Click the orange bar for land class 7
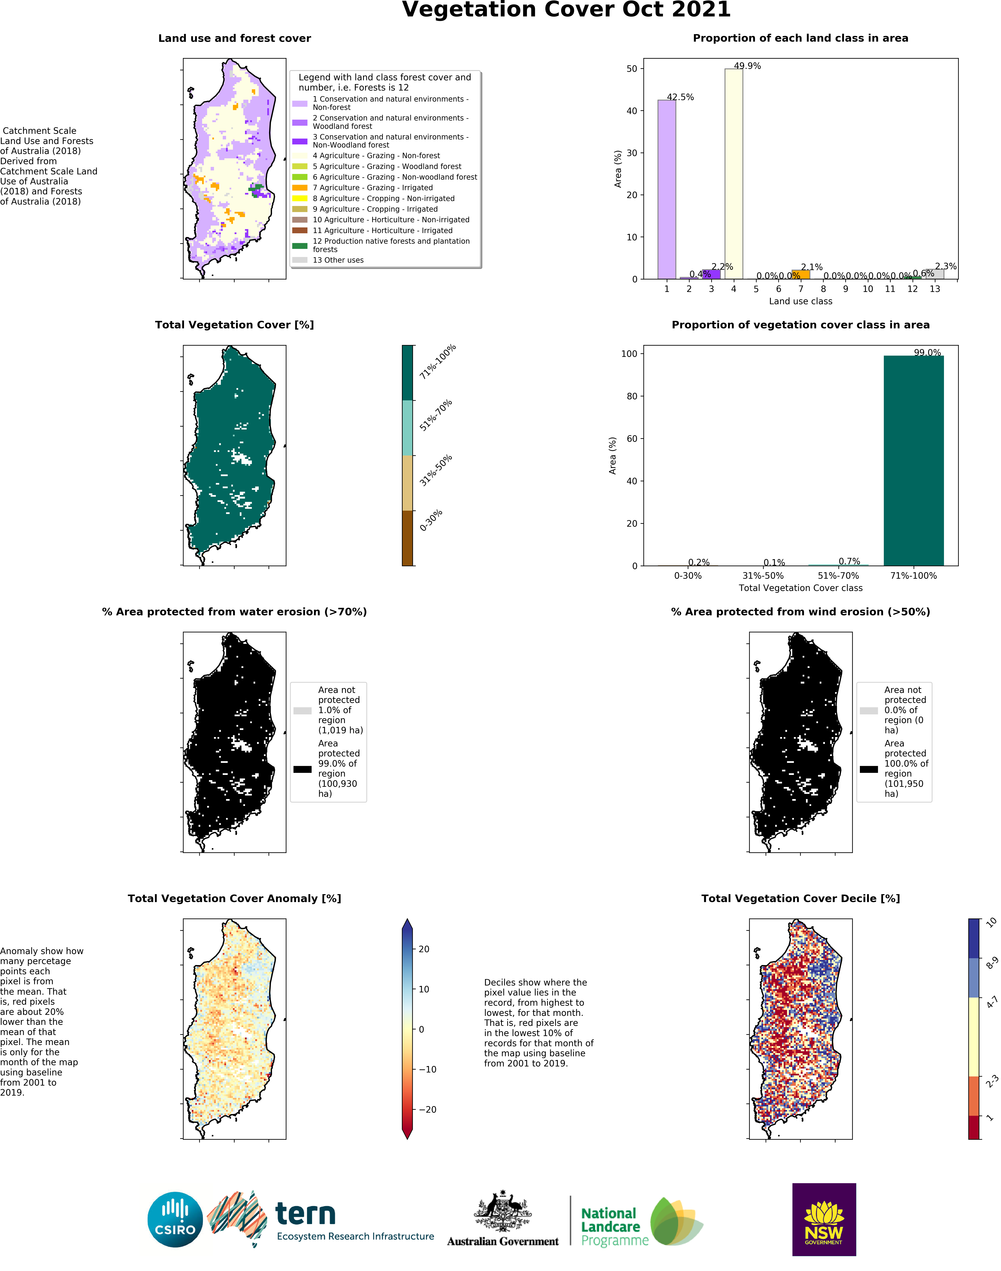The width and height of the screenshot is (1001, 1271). click(801, 274)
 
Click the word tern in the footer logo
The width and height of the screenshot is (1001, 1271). click(305, 1214)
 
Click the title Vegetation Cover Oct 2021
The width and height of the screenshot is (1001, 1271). click(566, 10)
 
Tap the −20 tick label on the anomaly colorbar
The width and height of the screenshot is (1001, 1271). click(427, 1109)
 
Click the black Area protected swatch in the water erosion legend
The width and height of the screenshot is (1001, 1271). click(302, 769)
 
